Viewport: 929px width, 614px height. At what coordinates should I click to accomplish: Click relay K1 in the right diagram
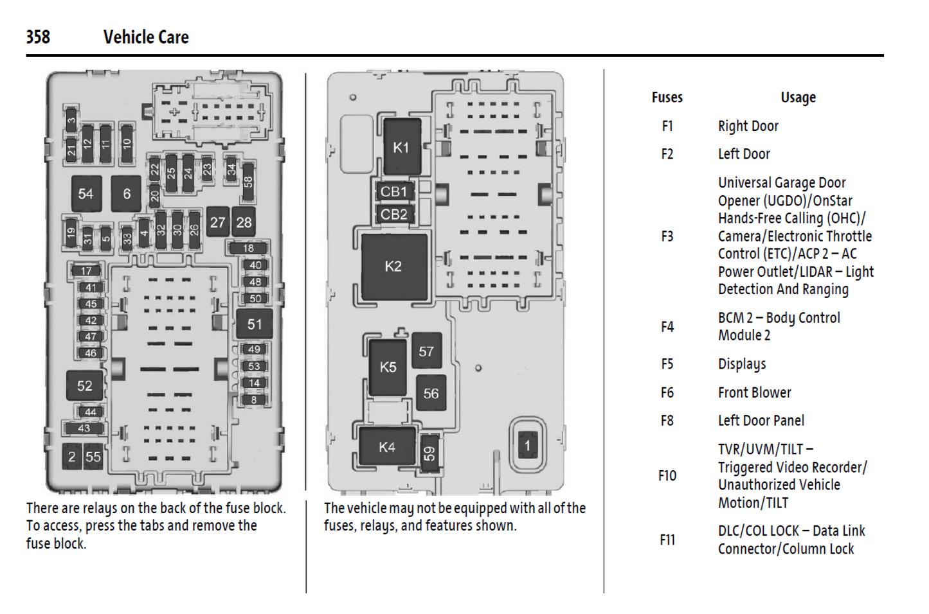pyautogui.click(x=401, y=147)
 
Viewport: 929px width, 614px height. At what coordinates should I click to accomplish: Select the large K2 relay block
pyautogui.click(x=393, y=266)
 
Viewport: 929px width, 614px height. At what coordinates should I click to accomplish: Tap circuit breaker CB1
pyautogui.click(x=393, y=191)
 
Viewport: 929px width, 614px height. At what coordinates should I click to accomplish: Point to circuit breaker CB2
pyautogui.click(x=393, y=214)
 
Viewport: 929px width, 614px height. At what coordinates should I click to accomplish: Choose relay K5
pyautogui.click(x=388, y=367)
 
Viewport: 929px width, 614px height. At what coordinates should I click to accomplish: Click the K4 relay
pyautogui.click(x=387, y=447)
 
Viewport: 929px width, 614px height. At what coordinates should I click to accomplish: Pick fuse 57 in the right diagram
pyautogui.click(x=426, y=351)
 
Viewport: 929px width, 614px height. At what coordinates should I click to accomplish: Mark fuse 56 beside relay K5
pyautogui.click(x=431, y=393)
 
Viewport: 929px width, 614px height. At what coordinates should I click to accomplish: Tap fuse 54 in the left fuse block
pyautogui.click(x=86, y=193)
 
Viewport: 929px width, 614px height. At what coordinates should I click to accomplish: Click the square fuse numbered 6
pyautogui.click(x=127, y=193)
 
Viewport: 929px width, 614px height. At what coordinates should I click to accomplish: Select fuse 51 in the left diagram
pyautogui.click(x=255, y=324)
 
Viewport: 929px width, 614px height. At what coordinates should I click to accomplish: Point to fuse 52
pyautogui.click(x=85, y=385)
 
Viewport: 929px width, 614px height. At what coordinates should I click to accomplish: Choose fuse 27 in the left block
pyautogui.click(x=218, y=222)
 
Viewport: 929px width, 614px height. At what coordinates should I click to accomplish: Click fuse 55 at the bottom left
pyautogui.click(x=93, y=457)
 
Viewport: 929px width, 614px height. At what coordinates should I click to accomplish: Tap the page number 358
pyautogui.click(x=38, y=37)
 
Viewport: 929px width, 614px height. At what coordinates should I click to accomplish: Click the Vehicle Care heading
pyautogui.click(x=146, y=37)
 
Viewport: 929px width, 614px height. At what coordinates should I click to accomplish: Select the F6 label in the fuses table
pyautogui.click(x=667, y=392)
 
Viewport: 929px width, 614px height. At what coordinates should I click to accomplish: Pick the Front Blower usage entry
pyautogui.click(x=754, y=392)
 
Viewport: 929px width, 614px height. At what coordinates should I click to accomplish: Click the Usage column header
pyautogui.click(x=798, y=98)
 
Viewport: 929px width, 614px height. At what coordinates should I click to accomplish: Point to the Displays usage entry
pyautogui.click(x=742, y=364)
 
